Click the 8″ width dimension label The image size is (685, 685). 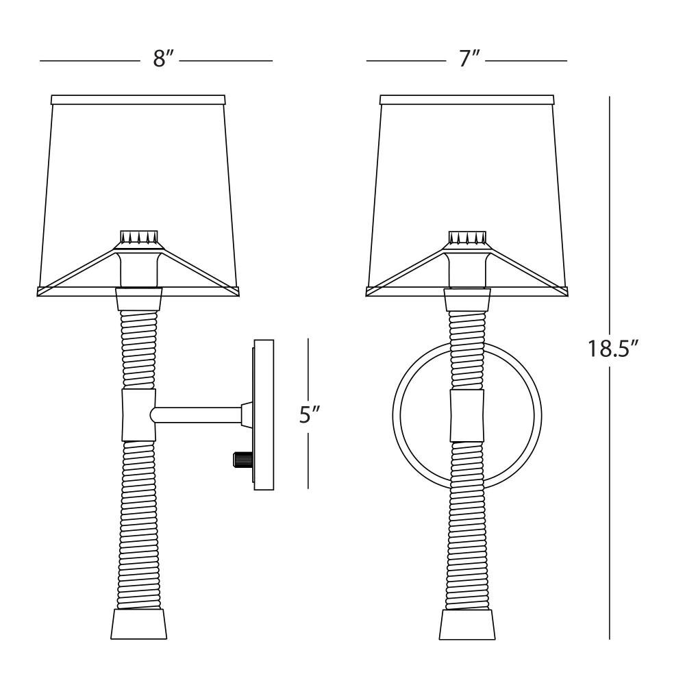[164, 58]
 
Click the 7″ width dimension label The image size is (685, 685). [469, 58]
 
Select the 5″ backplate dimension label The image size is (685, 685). [310, 414]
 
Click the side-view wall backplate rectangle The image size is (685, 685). [264, 414]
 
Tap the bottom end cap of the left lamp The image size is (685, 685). [139, 624]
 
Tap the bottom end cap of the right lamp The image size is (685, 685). [467, 625]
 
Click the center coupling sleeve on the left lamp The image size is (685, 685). [139, 415]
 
